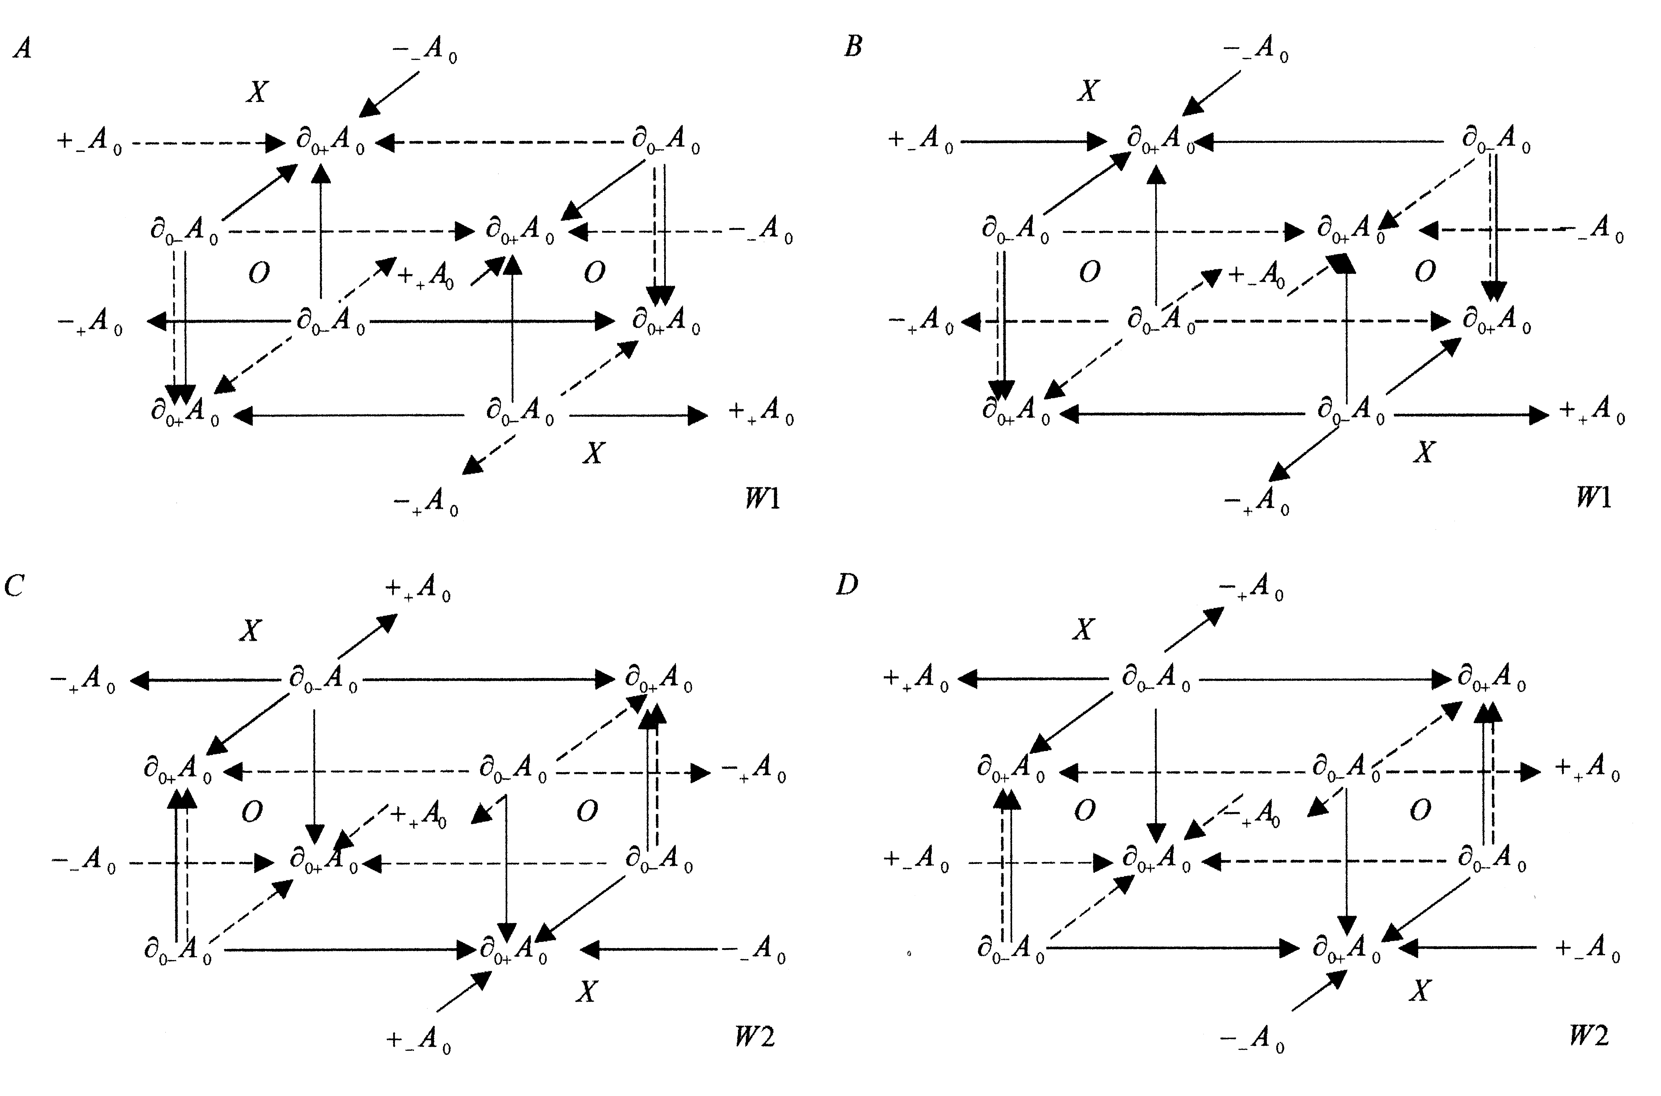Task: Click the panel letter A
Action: click(22, 48)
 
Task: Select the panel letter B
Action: click(853, 46)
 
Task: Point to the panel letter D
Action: click(846, 584)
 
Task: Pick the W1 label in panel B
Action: click(1593, 497)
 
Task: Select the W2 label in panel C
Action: click(755, 1036)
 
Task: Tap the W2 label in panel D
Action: click(1588, 1034)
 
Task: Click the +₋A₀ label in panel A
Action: click(89, 142)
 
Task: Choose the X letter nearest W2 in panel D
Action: click(1419, 990)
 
